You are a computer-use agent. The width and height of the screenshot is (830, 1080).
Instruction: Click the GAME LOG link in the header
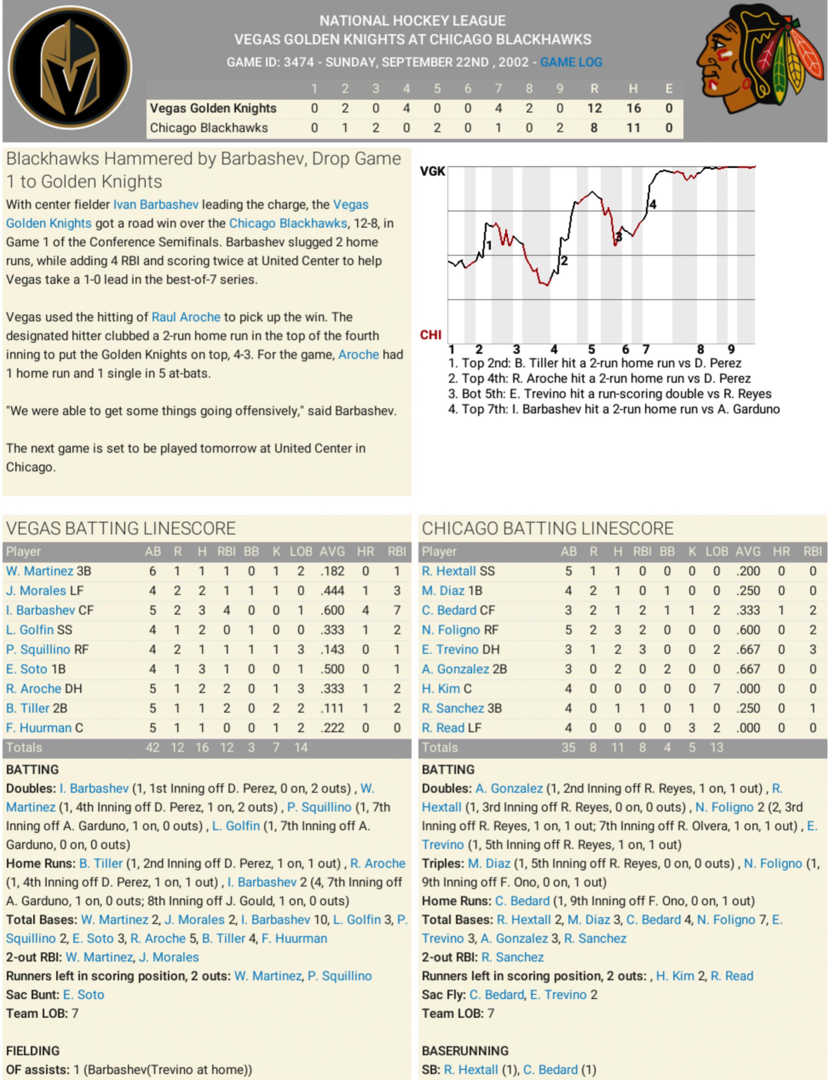click(x=571, y=62)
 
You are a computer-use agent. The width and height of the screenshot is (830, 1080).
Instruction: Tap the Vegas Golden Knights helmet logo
click(x=70, y=68)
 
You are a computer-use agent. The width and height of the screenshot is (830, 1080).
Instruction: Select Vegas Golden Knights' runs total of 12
click(x=594, y=108)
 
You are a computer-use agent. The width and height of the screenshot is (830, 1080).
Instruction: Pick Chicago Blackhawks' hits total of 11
click(x=633, y=128)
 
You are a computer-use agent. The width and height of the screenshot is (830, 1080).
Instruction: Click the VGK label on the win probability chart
click(x=432, y=171)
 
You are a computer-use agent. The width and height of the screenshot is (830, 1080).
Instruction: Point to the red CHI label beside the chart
click(x=430, y=335)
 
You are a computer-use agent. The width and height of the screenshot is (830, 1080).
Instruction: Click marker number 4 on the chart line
click(x=653, y=204)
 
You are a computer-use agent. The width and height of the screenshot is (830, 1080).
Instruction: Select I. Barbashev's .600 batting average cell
click(x=332, y=610)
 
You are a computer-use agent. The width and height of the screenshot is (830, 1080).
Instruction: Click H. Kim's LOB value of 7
click(x=716, y=689)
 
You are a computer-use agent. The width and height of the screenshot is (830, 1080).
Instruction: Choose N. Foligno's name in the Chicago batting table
click(x=451, y=630)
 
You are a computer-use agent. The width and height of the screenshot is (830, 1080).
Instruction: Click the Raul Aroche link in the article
click(x=186, y=317)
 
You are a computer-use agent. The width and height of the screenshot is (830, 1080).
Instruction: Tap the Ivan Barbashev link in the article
click(x=156, y=205)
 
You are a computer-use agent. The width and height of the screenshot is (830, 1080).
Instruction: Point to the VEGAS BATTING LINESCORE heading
click(x=121, y=528)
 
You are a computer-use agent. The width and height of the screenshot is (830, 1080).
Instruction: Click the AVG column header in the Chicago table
click(x=748, y=551)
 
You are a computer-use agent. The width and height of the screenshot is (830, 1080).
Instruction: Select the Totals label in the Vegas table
click(x=24, y=747)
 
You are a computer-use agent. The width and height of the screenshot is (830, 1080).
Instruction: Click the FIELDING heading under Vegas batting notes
click(x=32, y=1051)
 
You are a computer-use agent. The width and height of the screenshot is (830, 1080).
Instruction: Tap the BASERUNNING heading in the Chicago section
click(x=466, y=1051)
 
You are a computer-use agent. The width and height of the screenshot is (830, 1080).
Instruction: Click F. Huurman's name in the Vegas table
click(x=38, y=728)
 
